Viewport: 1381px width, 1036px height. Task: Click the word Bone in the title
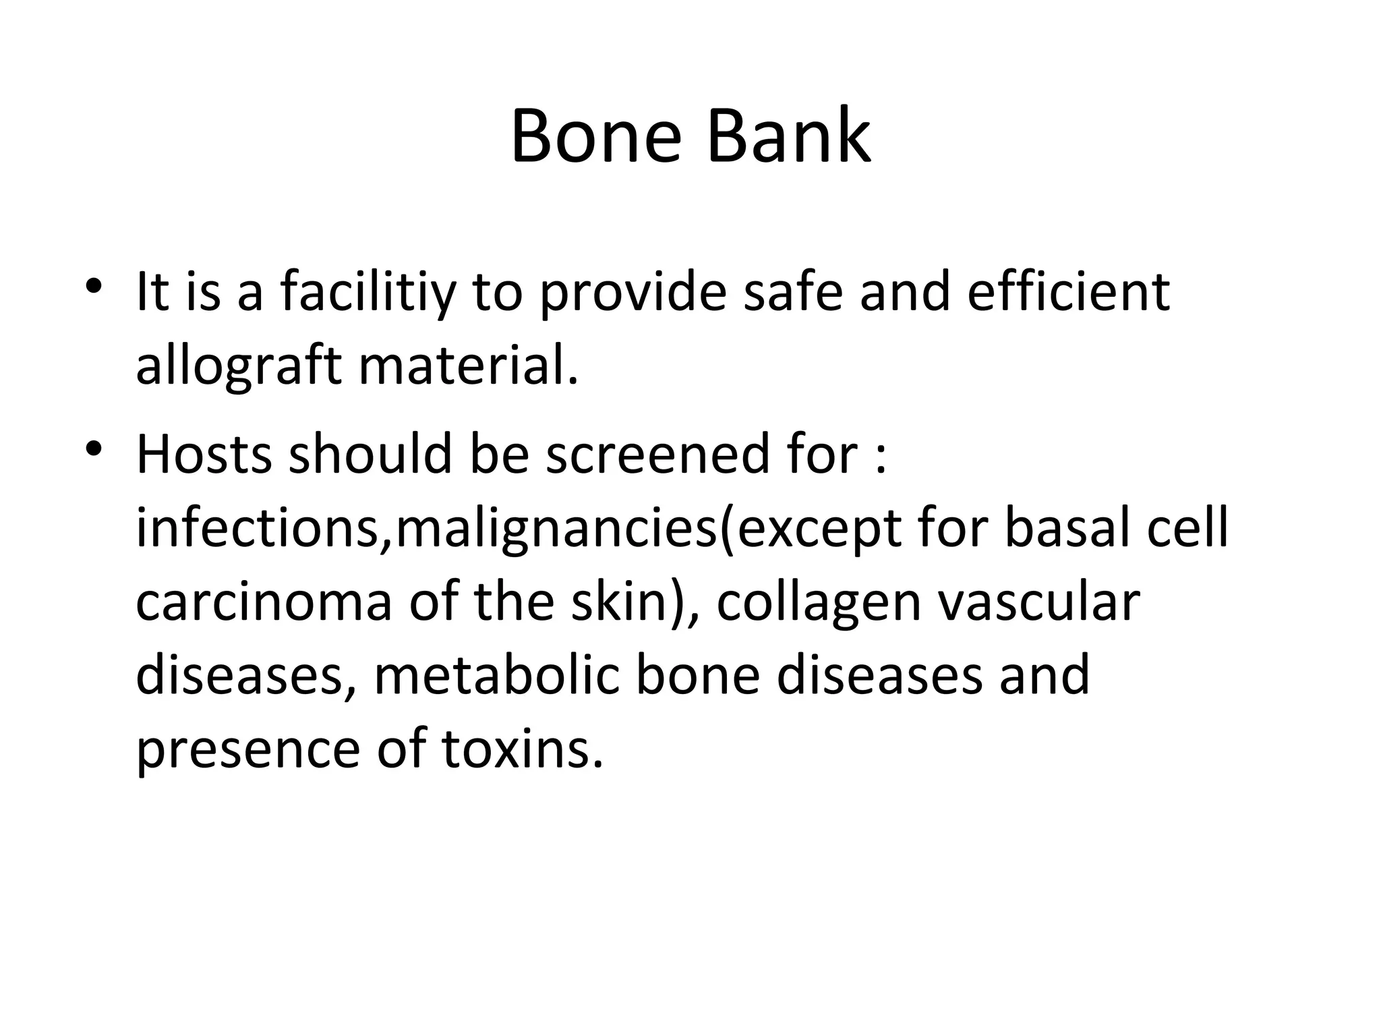click(596, 137)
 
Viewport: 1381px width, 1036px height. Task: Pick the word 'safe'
click(792, 292)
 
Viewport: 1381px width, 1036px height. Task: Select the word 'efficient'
click(1068, 292)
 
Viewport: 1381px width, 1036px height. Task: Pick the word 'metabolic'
click(496, 676)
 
